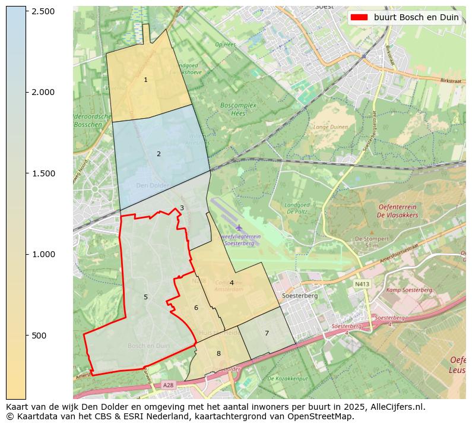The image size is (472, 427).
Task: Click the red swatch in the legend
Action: tap(360, 17)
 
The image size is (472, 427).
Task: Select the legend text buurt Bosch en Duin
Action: tap(416, 17)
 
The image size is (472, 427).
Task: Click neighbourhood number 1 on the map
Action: tap(145, 80)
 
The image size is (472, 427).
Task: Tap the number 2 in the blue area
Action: tap(159, 154)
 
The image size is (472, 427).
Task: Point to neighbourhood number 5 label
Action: tap(145, 297)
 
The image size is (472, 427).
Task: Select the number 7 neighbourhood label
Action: tap(267, 333)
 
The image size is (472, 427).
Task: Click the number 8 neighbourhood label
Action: tap(218, 353)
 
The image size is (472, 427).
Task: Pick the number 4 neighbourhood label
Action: tap(232, 283)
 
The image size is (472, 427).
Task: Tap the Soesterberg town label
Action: tap(300, 295)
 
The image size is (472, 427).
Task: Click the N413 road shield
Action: tap(361, 284)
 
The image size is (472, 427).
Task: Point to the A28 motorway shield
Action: tap(169, 385)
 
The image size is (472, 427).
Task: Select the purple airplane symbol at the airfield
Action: tap(239, 228)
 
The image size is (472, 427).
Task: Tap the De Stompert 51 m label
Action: tap(368, 241)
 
